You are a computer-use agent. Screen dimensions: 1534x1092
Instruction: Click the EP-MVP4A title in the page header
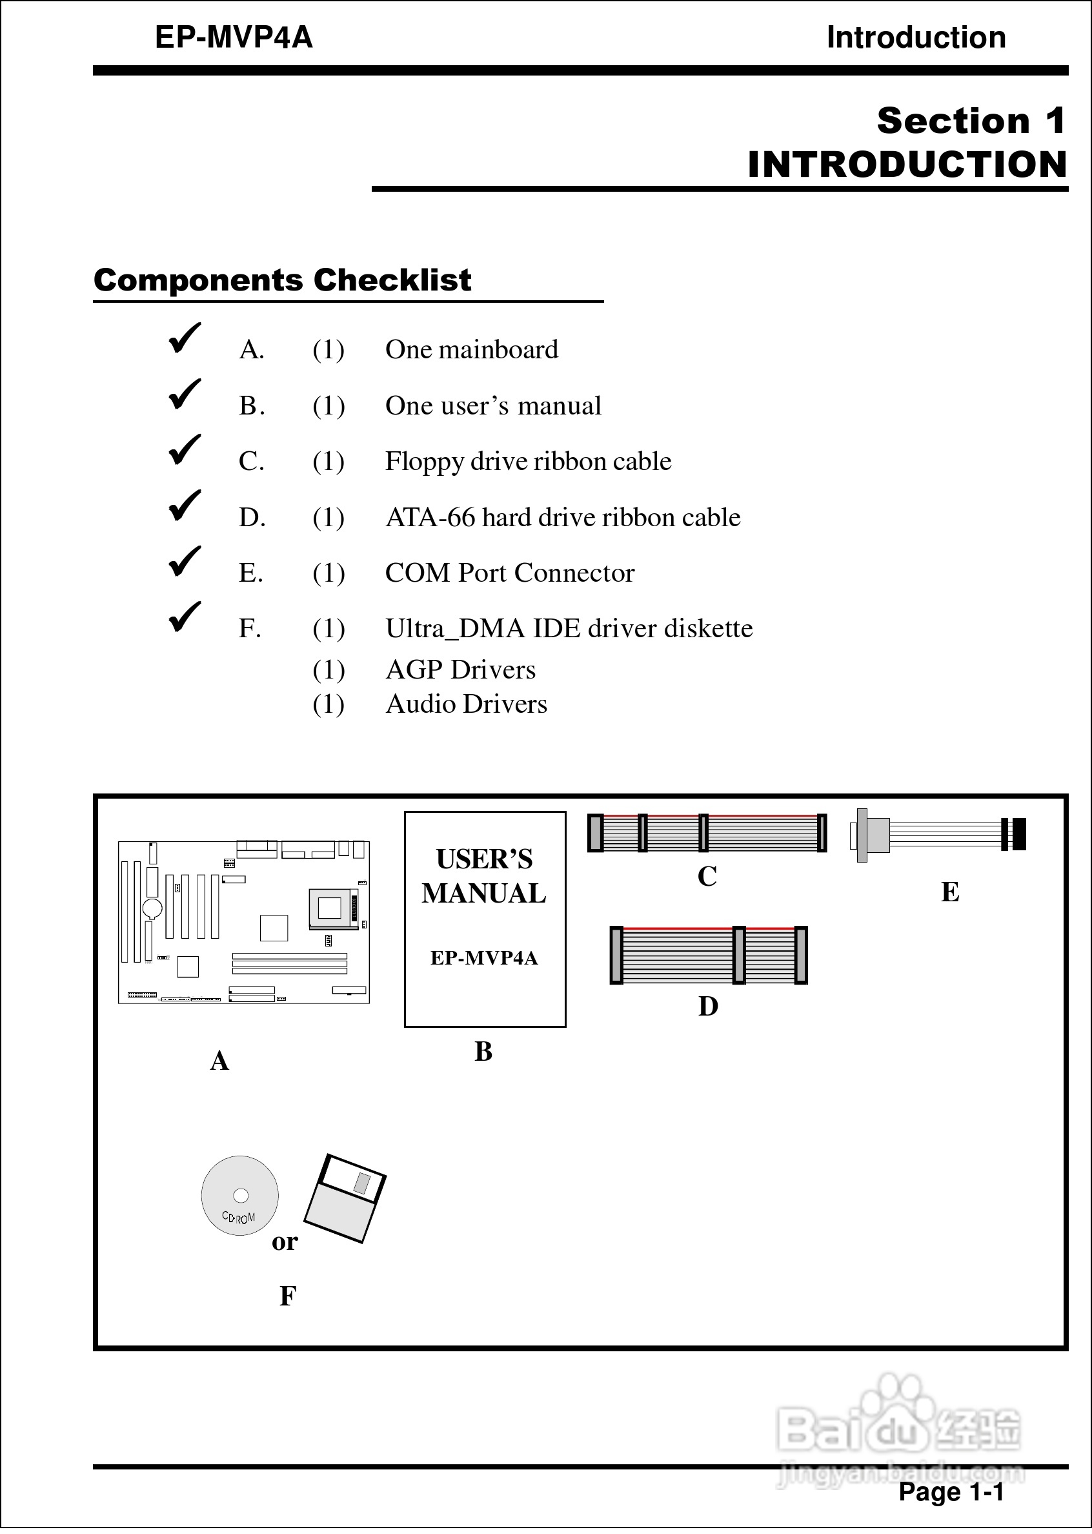pos(234,37)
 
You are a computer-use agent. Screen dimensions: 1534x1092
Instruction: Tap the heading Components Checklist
pos(282,280)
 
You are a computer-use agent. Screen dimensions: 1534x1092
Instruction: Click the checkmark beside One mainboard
pos(184,338)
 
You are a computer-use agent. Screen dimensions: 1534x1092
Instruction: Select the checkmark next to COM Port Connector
pos(184,561)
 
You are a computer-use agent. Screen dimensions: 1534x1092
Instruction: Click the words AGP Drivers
pos(461,670)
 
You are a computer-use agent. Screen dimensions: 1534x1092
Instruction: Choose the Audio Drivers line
pos(466,704)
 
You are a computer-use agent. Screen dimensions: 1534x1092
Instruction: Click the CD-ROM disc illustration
pos(239,1196)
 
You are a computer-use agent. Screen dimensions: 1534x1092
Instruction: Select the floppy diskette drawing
pos(345,1198)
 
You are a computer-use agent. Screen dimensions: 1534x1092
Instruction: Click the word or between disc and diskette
pos(285,1242)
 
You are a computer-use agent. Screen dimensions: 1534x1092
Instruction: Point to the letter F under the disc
pos(287,1295)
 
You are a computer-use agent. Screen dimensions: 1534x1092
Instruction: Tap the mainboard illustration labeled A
pos(243,922)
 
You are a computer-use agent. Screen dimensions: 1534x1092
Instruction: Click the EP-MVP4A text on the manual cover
pos(484,957)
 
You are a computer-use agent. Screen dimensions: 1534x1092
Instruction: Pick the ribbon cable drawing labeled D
pos(708,955)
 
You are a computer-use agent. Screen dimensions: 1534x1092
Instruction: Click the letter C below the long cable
pos(707,876)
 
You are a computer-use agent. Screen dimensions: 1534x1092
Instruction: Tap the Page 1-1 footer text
pos(951,1491)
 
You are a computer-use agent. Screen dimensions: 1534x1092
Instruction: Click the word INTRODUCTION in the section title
pos(907,165)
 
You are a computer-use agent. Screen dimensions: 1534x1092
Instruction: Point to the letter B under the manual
pos(483,1052)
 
